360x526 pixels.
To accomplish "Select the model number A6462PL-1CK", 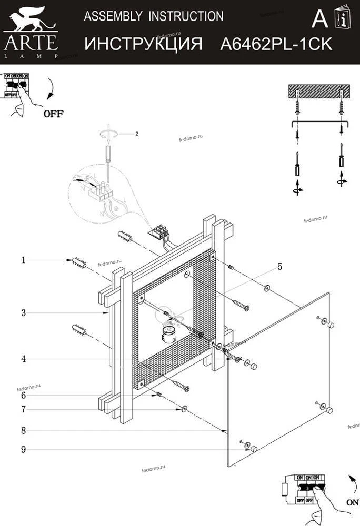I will click(x=275, y=44).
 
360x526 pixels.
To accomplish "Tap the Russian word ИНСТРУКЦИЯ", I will click(x=143, y=44).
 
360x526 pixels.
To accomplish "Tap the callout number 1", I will click(x=24, y=259).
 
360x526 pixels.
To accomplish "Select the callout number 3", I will click(x=24, y=313).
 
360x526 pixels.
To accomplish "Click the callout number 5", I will click(x=279, y=267).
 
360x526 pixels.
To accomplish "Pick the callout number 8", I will click(x=24, y=430).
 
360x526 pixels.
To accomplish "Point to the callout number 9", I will click(x=24, y=450).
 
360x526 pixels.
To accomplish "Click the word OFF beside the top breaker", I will click(x=53, y=113).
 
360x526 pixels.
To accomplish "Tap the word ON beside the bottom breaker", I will click(x=352, y=502).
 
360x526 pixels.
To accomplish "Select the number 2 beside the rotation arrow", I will click(x=136, y=134).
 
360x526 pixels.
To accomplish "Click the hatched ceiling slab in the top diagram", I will click(x=319, y=92).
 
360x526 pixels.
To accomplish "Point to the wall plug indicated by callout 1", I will click(x=77, y=262).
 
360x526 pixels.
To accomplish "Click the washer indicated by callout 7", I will click(x=184, y=409).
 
